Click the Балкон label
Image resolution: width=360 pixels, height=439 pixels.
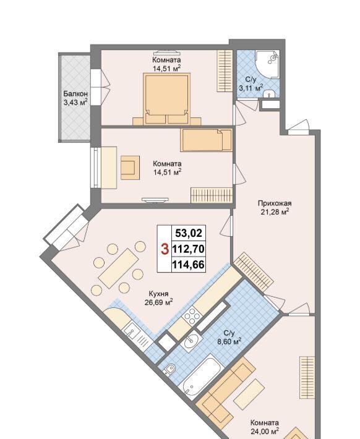pyautogui.click(x=75, y=94)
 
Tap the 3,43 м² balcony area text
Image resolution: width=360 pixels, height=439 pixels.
pyautogui.click(x=75, y=102)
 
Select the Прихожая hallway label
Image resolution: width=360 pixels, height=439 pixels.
pyautogui.click(x=275, y=203)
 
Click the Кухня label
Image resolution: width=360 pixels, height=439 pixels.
pyautogui.click(x=158, y=294)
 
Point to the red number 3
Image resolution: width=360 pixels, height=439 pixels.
pyautogui.click(x=166, y=249)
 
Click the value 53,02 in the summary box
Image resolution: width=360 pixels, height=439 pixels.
pyautogui.click(x=189, y=233)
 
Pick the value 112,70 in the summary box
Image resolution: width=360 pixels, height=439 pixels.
pyautogui.click(x=188, y=249)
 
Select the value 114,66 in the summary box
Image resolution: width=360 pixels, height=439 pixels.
pyautogui.click(x=188, y=264)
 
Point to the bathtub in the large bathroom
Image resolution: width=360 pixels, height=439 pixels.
pyautogui.click(x=202, y=376)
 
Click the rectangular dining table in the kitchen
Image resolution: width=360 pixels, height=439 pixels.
pyautogui.click(x=118, y=268)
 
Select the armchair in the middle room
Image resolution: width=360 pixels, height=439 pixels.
pyautogui.click(x=131, y=168)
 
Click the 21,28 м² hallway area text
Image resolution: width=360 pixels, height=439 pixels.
pyautogui.click(x=275, y=211)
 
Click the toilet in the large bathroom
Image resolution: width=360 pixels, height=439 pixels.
pyautogui.click(x=169, y=369)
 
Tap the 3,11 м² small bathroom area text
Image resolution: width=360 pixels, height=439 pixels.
pyautogui.click(x=251, y=88)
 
